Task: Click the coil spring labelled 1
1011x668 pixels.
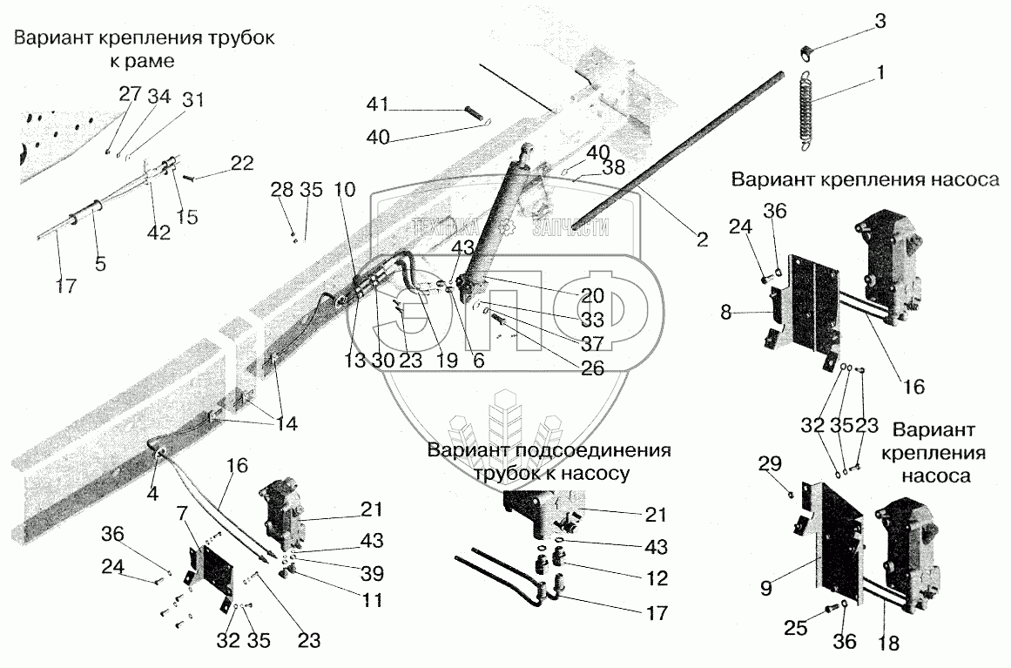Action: click(x=804, y=111)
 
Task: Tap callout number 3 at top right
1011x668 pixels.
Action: click(x=880, y=21)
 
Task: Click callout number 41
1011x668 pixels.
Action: click(x=378, y=104)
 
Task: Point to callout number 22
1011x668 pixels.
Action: click(x=242, y=163)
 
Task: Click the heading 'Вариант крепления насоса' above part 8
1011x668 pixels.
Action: click(x=866, y=179)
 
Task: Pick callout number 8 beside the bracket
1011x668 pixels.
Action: click(x=726, y=312)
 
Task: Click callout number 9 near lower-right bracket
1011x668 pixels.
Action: click(x=766, y=588)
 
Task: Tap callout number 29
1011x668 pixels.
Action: click(x=771, y=463)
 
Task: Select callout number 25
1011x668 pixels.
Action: click(x=796, y=627)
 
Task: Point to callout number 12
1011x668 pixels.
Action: click(x=657, y=578)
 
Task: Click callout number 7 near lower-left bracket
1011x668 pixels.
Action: click(x=183, y=515)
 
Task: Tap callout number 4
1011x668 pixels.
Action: click(x=152, y=494)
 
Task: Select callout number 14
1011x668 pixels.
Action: click(x=286, y=423)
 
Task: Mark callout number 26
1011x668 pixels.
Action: click(x=592, y=368)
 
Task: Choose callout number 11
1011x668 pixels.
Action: click(x=372, y=600)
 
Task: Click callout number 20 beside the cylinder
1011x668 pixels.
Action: click(x=592, y=296)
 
